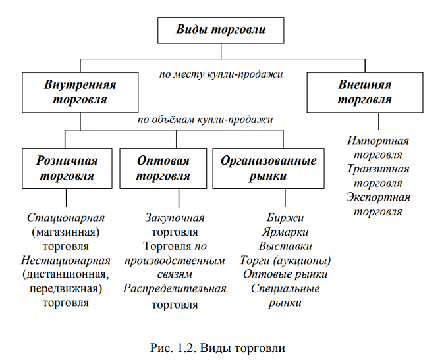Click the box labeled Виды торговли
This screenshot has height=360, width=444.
(221, 30)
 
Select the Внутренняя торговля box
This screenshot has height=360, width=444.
(80, 93)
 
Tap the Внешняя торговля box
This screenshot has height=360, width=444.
(364, 93)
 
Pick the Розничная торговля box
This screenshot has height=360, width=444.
(67, 168)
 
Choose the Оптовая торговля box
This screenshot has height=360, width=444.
(163, 168)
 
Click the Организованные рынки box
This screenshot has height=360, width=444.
(268, 168)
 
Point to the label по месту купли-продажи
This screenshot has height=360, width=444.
(221, 74)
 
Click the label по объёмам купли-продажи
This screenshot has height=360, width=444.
(205, 120)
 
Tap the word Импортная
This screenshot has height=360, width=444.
(378, 141)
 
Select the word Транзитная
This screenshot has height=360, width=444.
(378, 169)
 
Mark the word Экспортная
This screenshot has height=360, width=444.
(378, 197)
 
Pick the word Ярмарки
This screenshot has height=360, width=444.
(285, 232)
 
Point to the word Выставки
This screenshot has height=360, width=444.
(285, 246)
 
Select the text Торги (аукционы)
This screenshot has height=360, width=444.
(285, 261)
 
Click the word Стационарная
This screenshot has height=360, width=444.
(67, 217)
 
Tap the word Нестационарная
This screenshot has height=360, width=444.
(66, 261)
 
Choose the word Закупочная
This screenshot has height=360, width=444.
(175, 217)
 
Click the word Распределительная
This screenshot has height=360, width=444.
(175, 289)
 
